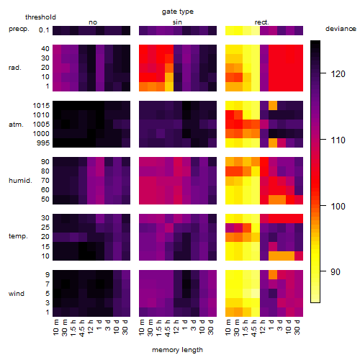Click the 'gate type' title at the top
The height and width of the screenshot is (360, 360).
coord(178,12)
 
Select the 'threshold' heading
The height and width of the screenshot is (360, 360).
coord(40,17)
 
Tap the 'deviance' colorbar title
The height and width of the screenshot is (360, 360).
coord(341,29)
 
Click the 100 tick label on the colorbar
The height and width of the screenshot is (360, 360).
coord(338,206)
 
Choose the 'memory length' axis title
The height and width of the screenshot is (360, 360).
coord(178,350)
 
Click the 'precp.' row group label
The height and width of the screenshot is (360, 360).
coord(19,29)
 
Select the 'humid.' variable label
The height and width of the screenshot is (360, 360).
coord(20,181)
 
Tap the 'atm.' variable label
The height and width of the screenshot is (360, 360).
coord(16,125)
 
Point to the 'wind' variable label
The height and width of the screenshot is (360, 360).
coord(17,294)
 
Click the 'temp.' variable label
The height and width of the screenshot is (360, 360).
coord(18,236)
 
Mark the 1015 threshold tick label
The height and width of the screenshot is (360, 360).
coord(41,106)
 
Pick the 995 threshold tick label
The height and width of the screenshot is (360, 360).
coord(43,143)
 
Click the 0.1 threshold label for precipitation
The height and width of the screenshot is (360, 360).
coord(44,30)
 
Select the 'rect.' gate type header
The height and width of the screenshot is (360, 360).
coord(262,22)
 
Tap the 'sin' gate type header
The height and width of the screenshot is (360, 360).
coord(177,22)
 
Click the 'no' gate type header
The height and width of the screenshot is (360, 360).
coord(93,22)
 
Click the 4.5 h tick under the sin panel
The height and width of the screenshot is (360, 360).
coord(168,328)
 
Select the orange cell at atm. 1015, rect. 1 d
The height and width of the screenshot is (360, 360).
coord(273,105)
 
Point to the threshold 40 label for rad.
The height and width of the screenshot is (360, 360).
coord(45,49)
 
